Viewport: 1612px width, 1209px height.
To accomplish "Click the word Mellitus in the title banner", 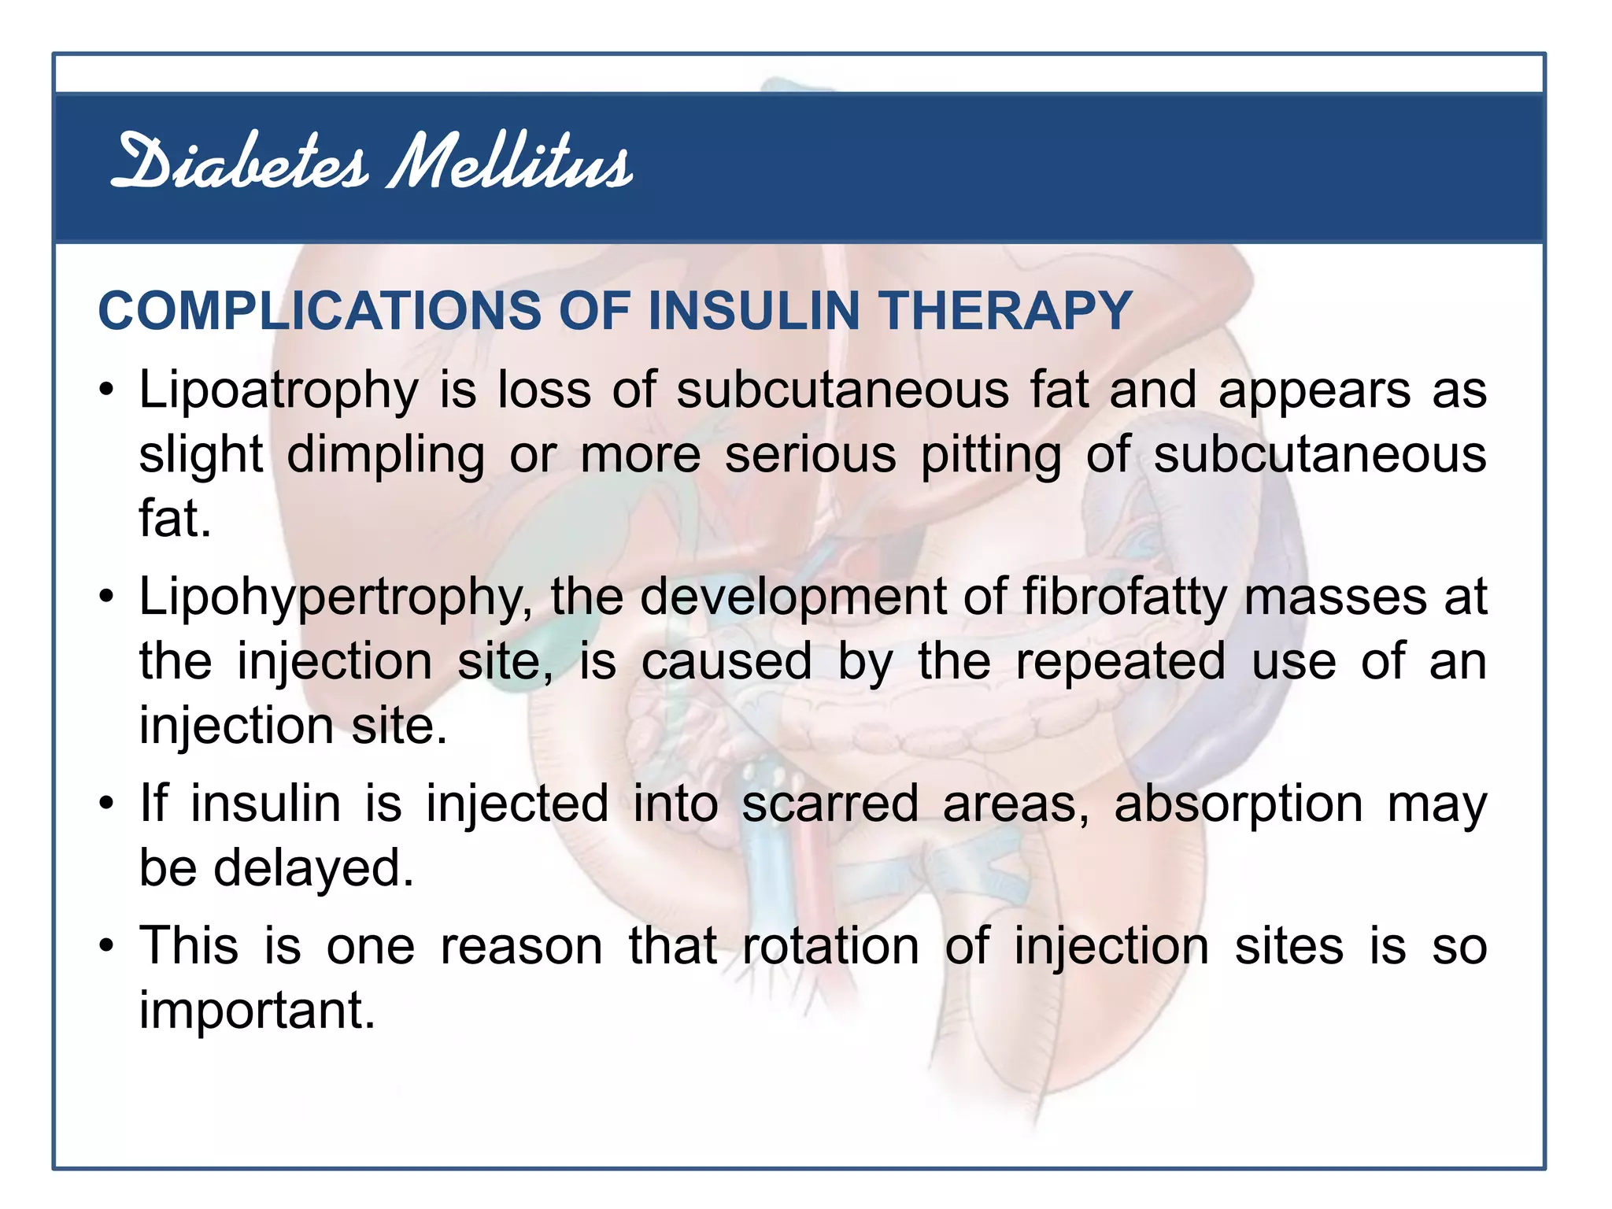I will tap(510, 162).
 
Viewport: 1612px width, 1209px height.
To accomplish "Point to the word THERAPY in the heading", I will tap(1005, 310).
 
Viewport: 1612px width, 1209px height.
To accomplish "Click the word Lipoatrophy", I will tap(279, 391).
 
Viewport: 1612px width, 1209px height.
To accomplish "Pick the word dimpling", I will tap(386, 456).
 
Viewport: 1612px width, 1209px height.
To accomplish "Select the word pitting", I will tap(991, 456).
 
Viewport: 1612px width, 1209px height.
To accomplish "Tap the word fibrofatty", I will tap(1125, 597).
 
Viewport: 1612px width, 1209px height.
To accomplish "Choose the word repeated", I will tap(1120, 662).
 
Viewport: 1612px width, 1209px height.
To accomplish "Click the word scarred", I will tap(830, 804).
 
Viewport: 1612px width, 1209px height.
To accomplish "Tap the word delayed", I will tap(313, 868).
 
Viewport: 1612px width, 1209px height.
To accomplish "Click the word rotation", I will tap(830, 947).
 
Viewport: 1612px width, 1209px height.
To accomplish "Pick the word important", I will tap(257, 1011).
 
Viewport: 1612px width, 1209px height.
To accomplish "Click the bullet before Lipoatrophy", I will tap(107, 390).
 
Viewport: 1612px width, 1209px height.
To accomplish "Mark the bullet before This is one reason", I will tap(107, 946).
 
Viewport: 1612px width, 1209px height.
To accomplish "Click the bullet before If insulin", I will tap(107, 804).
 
